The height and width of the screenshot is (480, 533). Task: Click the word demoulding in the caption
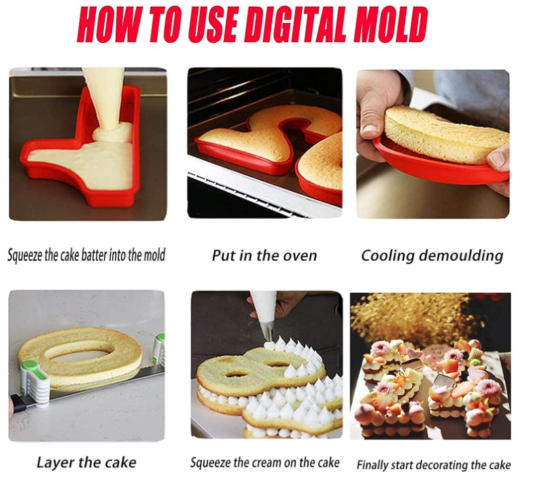click(x=461, y=256)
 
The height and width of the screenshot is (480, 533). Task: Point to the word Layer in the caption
click(x=55, y=462)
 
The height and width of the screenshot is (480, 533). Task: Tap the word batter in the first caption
click(x=94, y=255)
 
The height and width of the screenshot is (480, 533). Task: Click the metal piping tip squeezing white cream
click(x=268, y=331)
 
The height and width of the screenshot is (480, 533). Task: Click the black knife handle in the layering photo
click(x=18, y=403)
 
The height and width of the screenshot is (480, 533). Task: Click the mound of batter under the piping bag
click(x=112, y=133)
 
